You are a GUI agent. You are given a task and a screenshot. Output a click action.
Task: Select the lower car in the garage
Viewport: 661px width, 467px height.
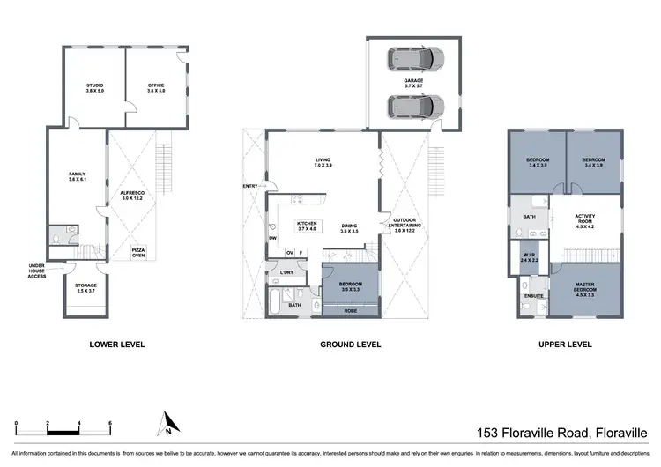coord(414,107)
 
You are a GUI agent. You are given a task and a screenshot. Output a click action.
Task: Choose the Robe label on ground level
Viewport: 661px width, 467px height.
coord(350,310)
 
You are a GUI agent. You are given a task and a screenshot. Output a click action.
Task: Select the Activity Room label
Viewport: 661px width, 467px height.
coord(586,219)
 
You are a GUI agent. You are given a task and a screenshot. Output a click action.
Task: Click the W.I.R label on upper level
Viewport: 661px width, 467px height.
coord(529,258)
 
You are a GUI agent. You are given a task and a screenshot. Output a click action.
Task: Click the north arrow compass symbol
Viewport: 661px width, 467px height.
coord(166,426)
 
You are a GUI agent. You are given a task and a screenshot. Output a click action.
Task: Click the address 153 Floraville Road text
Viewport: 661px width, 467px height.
coord(561,432)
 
